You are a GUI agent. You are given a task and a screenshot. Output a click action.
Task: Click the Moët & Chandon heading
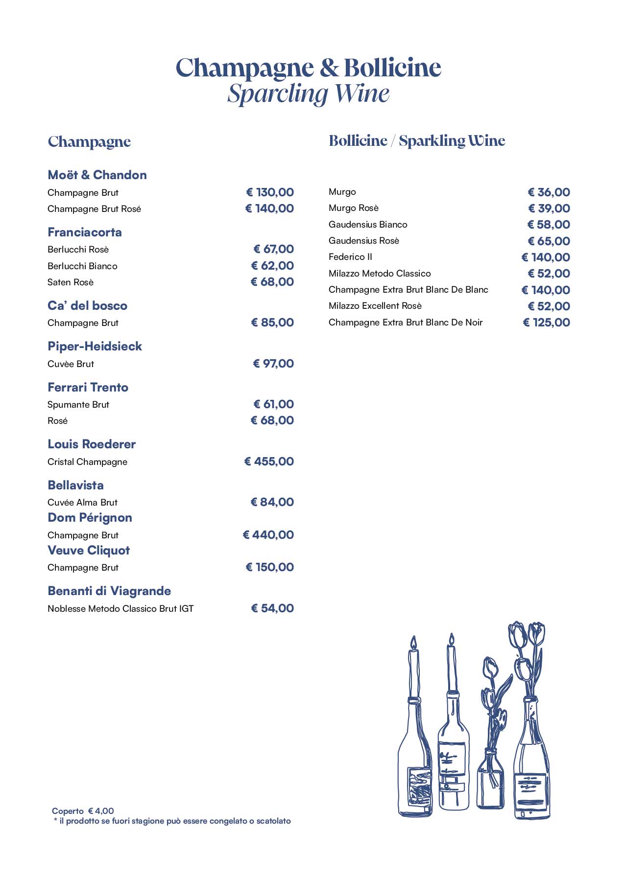tap(97, 175)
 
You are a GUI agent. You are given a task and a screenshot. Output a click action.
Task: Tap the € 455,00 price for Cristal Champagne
tap(269, 461)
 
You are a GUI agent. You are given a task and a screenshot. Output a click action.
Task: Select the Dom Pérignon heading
tap(90, 518)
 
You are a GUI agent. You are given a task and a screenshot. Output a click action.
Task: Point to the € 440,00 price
tap(268, 535)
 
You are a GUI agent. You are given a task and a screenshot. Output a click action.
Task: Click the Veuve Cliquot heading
tap(89, 551)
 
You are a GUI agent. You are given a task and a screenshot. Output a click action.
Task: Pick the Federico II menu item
tap(350, 257)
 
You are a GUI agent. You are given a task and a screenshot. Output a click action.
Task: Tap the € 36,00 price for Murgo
tap(549, 192)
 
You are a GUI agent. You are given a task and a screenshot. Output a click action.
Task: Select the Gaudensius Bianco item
tap(368, 225)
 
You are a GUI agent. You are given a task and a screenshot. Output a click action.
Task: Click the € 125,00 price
tap(546, 323)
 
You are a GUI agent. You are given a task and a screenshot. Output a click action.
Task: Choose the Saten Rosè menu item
tap(71, 282)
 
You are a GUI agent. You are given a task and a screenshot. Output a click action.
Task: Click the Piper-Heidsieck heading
tap(95, 346)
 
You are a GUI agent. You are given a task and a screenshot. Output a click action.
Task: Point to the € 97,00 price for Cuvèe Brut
tap(273, 364)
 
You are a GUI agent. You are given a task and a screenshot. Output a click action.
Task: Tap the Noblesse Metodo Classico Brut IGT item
tap(120, 609)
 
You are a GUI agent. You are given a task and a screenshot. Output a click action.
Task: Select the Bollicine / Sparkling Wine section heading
tap(417, 141)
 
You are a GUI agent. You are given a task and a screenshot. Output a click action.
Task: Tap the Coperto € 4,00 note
tap(83, 811)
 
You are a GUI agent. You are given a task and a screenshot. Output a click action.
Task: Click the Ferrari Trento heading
tap(88, 388)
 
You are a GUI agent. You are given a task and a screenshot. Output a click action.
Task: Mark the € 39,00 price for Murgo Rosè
tap(549, 208)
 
